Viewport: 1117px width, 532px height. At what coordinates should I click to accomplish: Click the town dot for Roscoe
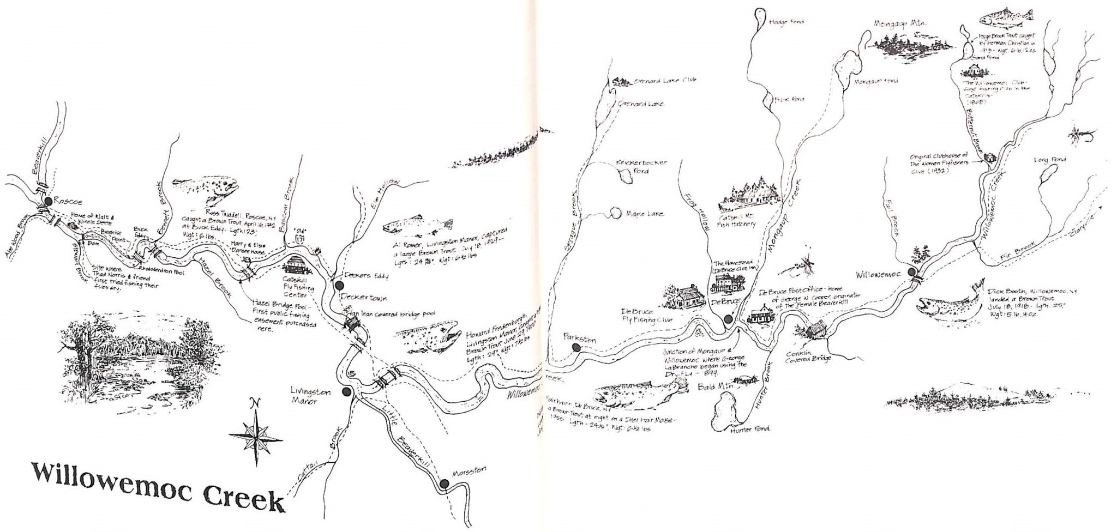(x=48, y=201)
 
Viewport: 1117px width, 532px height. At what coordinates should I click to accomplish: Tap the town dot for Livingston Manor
(x=345, y=391)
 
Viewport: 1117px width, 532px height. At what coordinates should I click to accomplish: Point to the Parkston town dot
(x=574, y=347)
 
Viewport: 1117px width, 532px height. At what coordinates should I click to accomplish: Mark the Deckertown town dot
(x=339, y=285)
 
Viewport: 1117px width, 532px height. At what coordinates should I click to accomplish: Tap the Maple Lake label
(x=645, y=214)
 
